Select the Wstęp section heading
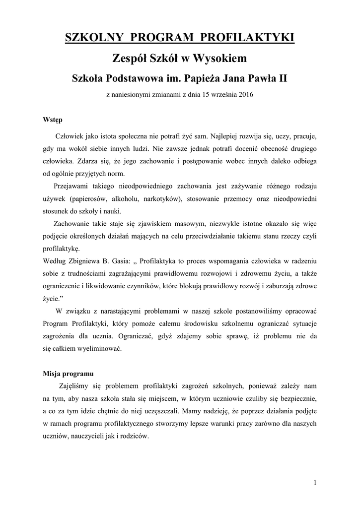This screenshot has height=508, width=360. tap(53, 120)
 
